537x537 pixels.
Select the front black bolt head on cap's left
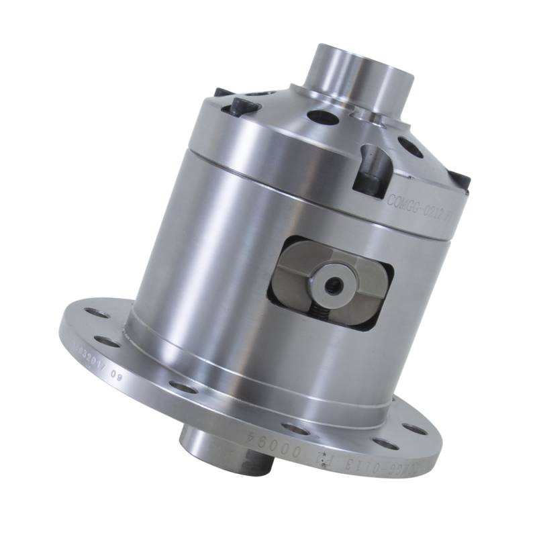pyautogui.click(x=241, y=105)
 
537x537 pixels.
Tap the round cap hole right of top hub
pyautogui.click(x=411, y=148)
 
